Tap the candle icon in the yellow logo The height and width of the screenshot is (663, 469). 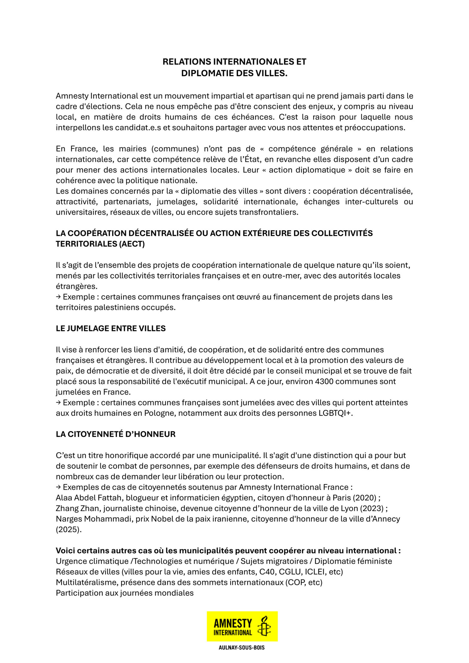(x=264, y=626)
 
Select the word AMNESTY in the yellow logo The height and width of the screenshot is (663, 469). (x=233, y=622)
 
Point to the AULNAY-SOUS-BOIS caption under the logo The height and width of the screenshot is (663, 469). (x=242, y=648)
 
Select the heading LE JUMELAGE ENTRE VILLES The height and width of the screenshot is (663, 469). (x=110, y=329)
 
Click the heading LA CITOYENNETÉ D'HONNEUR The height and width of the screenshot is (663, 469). (x=116, y=434)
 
